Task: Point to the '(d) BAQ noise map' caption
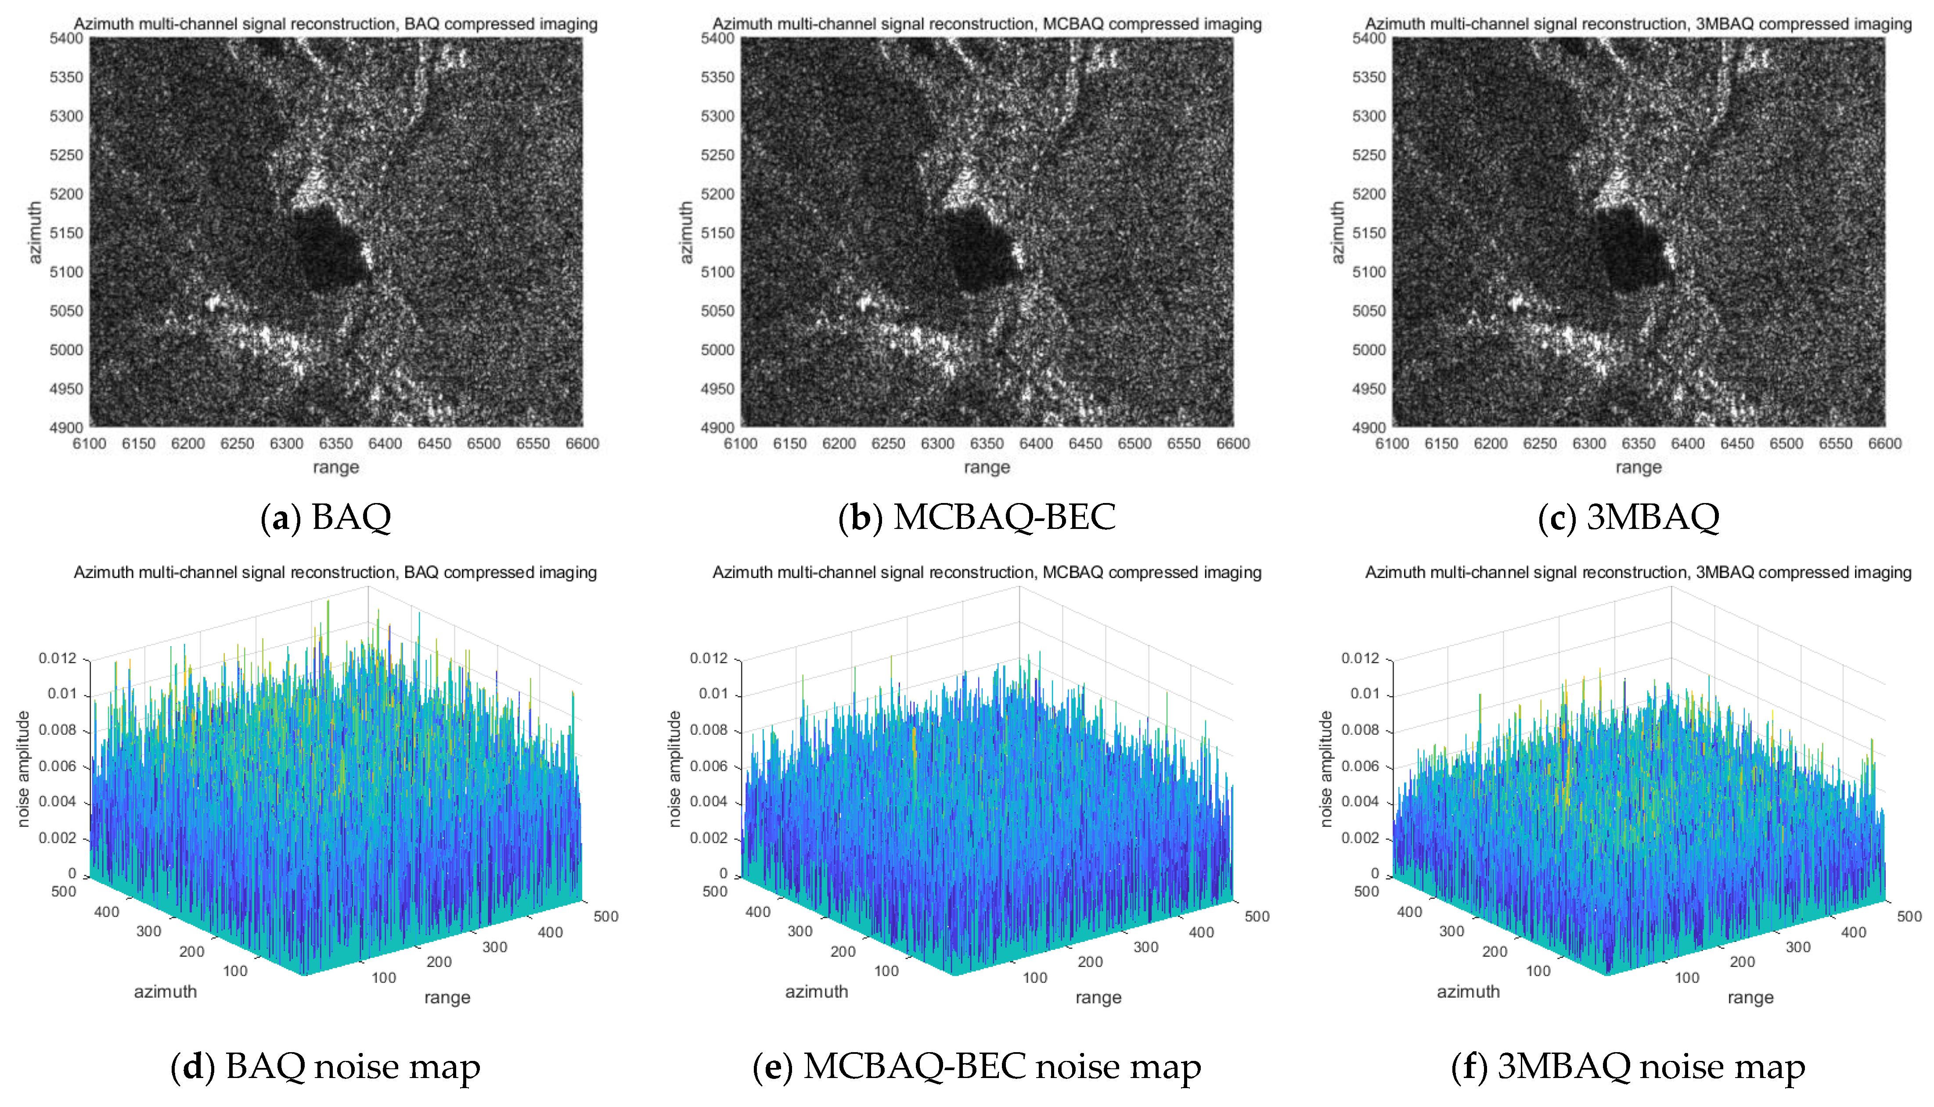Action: tap(325, 1067)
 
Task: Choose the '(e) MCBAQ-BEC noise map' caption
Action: tap(976, 1067)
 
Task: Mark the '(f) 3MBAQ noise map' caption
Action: tap(1628, 1067)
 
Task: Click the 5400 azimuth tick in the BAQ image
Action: tap(66, 38)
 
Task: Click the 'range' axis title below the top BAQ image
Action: tap(335, 467)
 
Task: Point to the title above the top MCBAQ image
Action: tap(987, 24)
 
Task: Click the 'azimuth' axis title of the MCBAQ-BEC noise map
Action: tap(816, 992)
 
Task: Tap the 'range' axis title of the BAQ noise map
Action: tap(447, 998)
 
